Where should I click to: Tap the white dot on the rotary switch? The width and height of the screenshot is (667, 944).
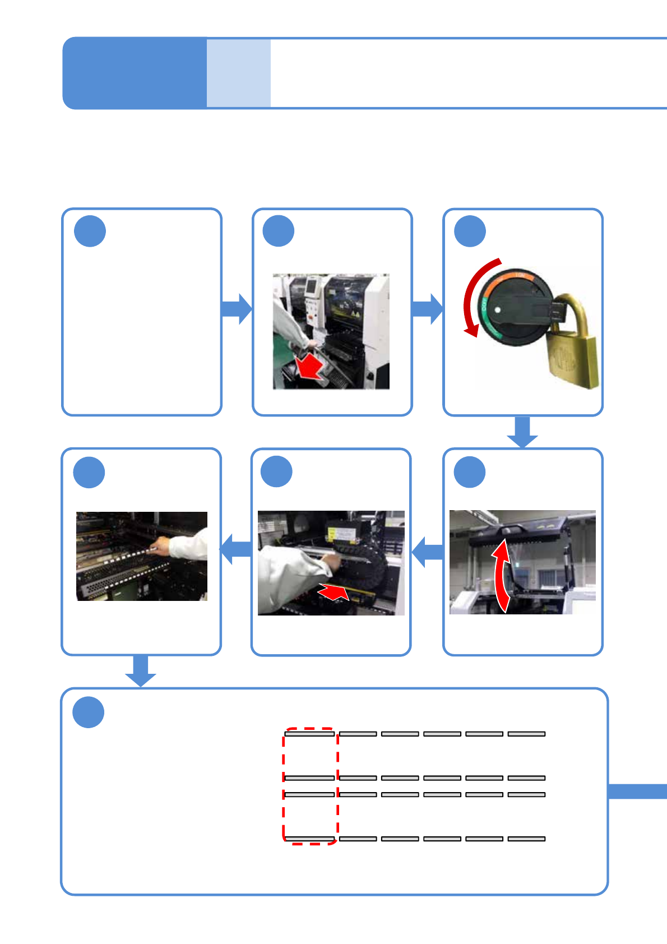tap(497, 309)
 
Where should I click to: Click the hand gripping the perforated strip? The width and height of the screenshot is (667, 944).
tap(161, 545)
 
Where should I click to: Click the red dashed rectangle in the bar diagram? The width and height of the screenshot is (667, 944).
tap(311, 785)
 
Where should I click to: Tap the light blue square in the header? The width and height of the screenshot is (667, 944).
tap(239, 73)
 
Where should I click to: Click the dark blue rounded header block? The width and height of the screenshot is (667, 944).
tap(135, 73)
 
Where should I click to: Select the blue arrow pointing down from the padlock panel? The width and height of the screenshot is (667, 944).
tap(522, 432)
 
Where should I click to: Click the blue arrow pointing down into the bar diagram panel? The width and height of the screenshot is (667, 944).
tap(140, 670)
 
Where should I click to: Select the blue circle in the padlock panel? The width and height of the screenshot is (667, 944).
tap(470, 232)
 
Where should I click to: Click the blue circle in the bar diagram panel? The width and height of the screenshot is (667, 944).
tap(89, 712)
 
